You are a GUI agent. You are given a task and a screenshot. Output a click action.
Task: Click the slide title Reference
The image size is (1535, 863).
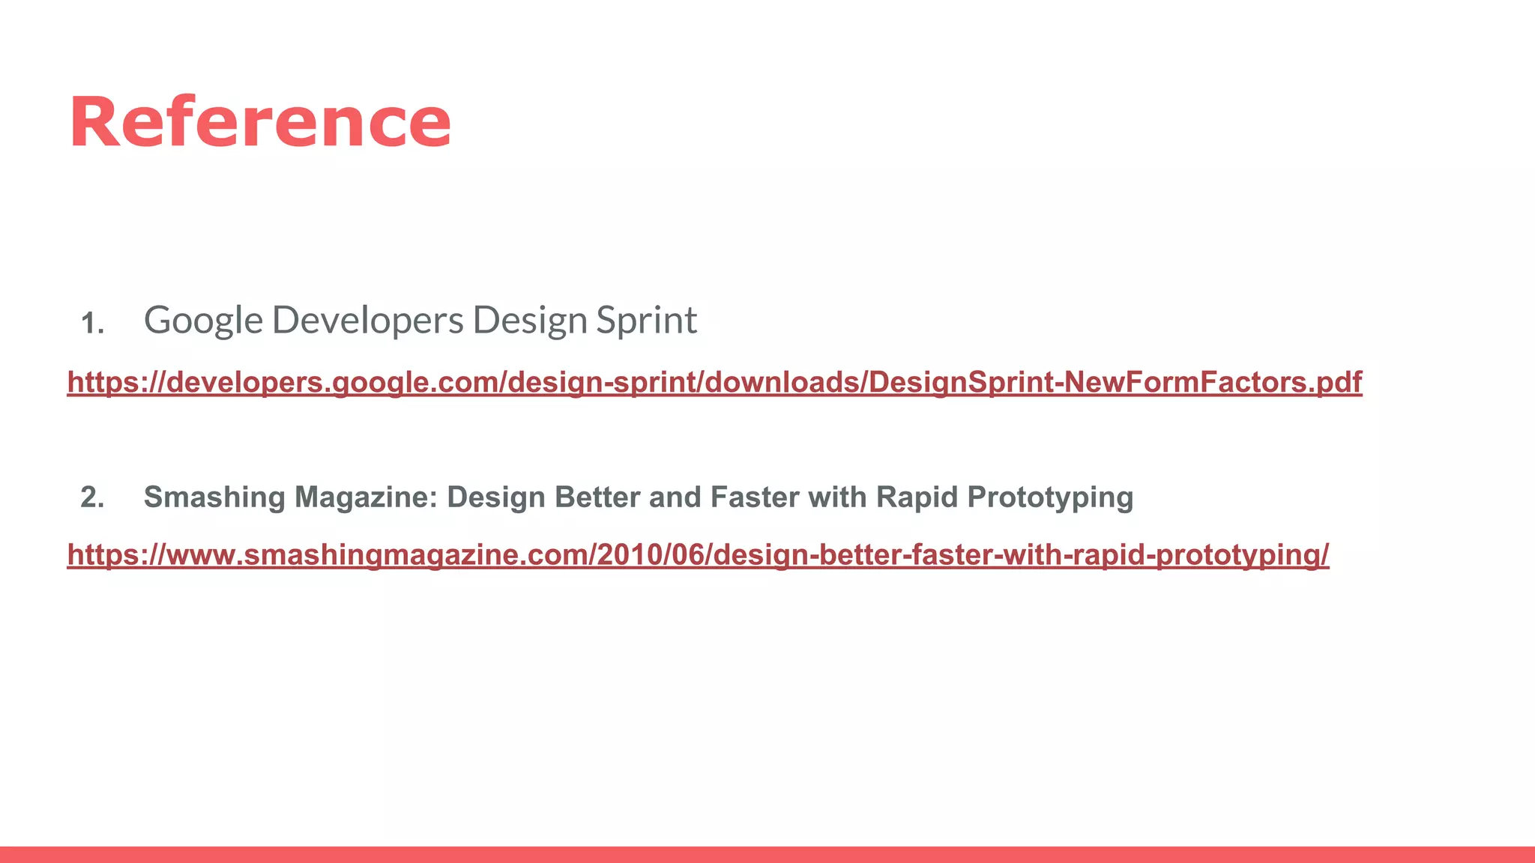coord(260,123)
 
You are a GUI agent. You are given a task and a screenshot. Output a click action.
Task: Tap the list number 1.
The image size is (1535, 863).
coord(92,324)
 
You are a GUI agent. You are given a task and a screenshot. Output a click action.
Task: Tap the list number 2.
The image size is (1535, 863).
coord(92,497)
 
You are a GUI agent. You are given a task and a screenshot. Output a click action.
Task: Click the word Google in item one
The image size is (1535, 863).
coord(203,321)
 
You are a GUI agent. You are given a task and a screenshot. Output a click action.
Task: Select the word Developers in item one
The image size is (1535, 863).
coord(367,321)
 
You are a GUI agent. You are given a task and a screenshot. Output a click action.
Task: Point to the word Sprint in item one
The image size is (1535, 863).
coord(646,321)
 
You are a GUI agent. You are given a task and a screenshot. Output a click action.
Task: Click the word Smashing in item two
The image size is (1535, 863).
coord(214,497)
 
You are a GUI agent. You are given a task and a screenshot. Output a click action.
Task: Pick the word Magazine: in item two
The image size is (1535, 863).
coord(366,497)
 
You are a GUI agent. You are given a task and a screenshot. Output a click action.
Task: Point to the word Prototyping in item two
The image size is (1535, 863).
coord(1050,497)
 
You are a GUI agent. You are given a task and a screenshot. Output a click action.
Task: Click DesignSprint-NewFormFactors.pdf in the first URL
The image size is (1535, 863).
coord(1115,382)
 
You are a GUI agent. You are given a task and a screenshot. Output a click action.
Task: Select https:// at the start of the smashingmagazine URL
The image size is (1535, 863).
coord(112,555)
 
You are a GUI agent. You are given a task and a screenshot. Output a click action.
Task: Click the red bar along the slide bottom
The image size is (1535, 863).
coord(767,855)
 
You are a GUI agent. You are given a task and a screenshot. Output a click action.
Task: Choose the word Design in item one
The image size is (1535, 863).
coord(529,321)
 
